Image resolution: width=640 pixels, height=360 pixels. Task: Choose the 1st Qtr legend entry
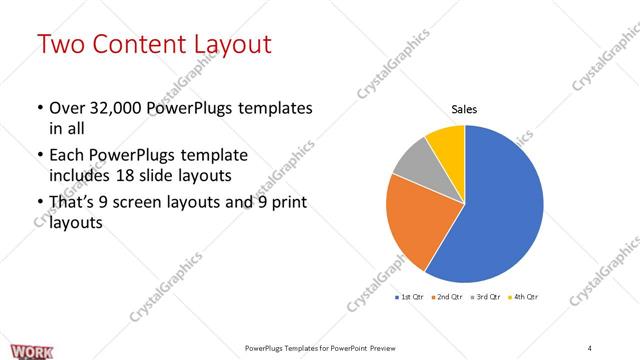(x=411, y=297)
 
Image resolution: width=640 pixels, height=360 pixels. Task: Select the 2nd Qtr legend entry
(x=448, y=297)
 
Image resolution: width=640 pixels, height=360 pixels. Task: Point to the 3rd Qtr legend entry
(x=486, y=297)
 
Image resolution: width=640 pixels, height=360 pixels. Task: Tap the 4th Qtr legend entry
(x=523, y=297)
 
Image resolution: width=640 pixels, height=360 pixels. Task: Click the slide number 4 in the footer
(x=590, y=347)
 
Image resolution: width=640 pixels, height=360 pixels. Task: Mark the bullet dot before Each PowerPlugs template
(x=38, y=157)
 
